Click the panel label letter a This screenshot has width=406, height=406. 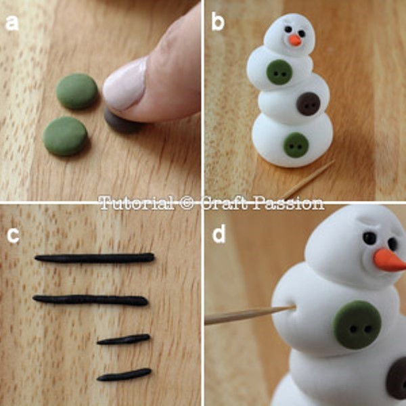click(x=12, y=23)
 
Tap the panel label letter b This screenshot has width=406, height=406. click(x=218, y=22)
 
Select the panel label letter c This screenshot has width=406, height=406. click(x=13, y=235)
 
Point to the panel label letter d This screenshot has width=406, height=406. click(x=219, y=234)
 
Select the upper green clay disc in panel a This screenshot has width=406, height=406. click(x=77, y=91)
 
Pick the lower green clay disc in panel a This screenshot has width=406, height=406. click(x=65, y=136)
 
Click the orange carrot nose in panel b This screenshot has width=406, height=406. click(x=295, y=41)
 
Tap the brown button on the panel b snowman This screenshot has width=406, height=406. click(x=308, y=104)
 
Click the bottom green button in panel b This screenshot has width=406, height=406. click(x=296, y=145)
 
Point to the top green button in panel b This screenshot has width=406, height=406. click(x=279, y=72)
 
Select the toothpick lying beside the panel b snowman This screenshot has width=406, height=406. click(x=308, y=179)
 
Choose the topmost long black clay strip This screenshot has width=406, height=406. click(x=95, y=258)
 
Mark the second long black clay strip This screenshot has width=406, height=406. click(x=91, y=300)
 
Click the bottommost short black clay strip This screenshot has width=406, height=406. click(x=124, y=375)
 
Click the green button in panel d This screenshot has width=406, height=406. click(x=357, y=325)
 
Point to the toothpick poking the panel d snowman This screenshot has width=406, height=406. click(x=250, y=315)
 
